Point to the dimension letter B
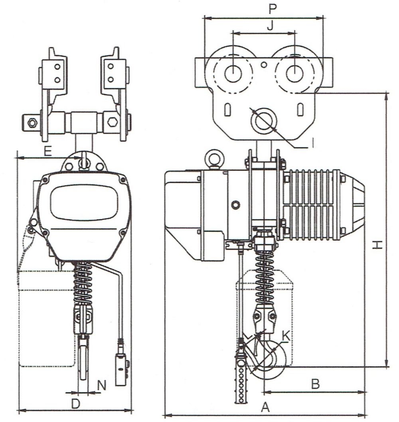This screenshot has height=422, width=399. point(315,384)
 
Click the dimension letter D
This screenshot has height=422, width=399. point(75,403)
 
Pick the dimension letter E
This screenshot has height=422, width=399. point(47,151)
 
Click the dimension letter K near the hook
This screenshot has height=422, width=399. point(286,336)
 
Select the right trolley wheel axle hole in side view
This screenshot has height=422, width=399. point(294,74)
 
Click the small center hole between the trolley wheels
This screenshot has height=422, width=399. point(263,64)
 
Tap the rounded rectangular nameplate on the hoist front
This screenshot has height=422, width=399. point(84,202)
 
